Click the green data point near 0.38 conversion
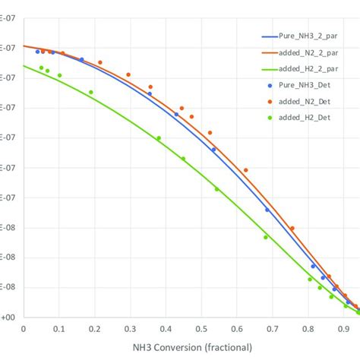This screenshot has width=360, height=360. tap(159, 138)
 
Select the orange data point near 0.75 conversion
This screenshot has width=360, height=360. tap(292, 228)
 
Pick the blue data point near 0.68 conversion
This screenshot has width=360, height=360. tap(267, 210)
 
